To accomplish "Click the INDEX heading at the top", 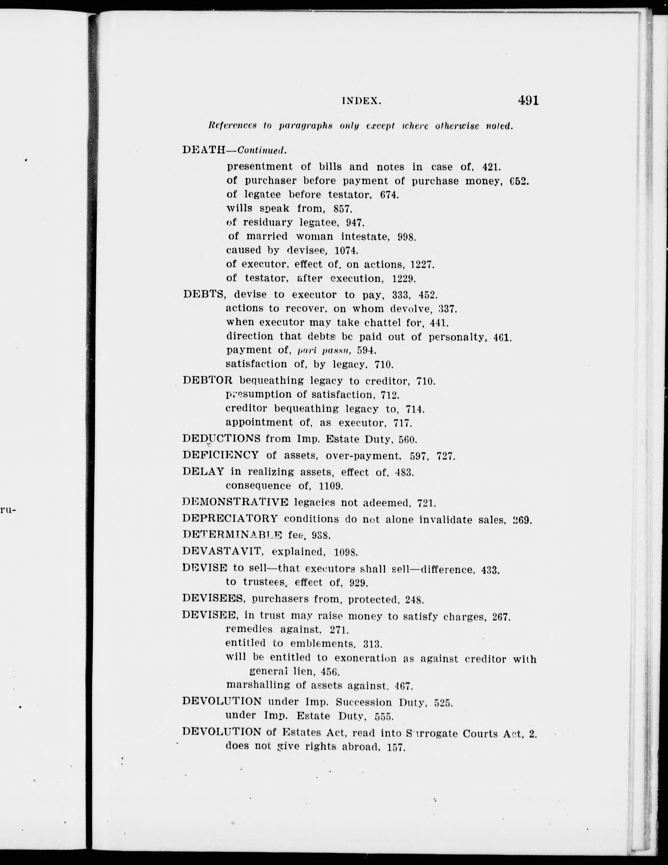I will point(361,101).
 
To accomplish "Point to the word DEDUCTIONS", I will point(221,439).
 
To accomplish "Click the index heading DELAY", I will point(203,472).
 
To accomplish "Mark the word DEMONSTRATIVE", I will point(235,503).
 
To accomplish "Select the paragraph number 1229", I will point(403,278).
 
